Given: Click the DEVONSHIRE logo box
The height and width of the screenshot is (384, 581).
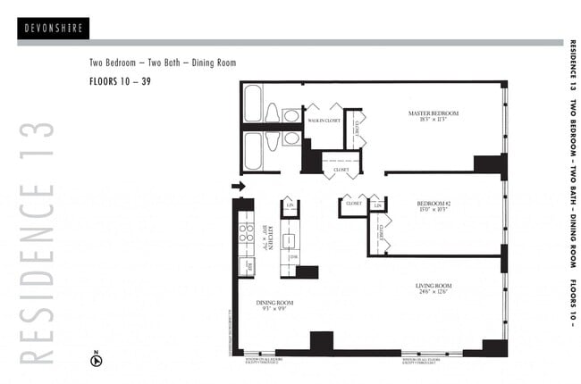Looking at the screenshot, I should (52, 28).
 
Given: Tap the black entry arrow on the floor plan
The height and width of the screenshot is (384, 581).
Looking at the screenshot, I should (238, 186).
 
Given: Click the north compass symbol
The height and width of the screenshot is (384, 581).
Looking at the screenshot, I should (97, 361).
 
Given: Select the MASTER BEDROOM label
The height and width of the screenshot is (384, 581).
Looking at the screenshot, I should (433, 113).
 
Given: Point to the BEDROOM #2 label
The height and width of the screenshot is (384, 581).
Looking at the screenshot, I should (434, 204).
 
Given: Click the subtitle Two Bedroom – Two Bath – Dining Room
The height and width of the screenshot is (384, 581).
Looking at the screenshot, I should (162, 63).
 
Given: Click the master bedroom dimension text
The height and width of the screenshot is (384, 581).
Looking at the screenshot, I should (433, 121).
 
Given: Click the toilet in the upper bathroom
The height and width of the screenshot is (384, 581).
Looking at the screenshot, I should (273, 113).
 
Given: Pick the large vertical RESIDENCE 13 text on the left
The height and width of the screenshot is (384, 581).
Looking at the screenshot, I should (36, 242).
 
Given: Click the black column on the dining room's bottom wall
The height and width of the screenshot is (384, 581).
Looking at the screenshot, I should (321, 342).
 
